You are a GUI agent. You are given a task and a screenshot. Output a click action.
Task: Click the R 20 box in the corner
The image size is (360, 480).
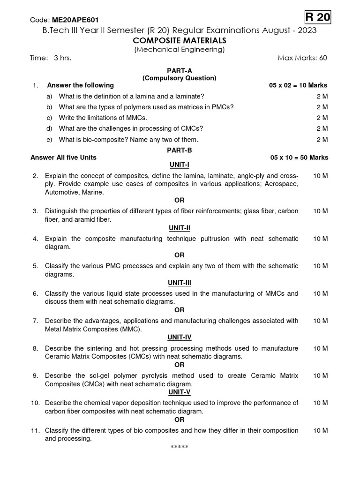[x=318, y=18]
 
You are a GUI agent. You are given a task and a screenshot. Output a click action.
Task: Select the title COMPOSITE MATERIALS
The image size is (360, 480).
[x=180, y=40]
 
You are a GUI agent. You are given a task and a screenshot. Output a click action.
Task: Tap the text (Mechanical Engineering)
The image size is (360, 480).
[x=180, y=49]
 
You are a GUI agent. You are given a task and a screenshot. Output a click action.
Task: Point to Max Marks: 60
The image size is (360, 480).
[x=302, y=58]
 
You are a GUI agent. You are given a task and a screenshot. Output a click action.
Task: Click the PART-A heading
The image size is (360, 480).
[x=180, y=70]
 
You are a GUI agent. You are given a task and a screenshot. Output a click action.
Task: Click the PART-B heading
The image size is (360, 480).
[x=180, y=150]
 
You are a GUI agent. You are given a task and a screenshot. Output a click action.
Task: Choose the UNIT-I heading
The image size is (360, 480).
[x=180, y=165]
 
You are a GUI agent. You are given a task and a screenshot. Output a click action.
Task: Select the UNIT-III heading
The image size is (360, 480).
[x=180, y=283]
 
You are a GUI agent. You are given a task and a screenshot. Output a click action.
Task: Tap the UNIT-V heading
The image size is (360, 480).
[x=180, y=392]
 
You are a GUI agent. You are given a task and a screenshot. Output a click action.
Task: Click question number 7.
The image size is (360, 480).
[x=35, y=321]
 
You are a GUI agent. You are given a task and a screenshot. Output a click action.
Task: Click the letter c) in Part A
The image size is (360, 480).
[x=49, y=118]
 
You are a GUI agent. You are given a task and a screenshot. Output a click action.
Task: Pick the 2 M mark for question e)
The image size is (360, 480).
[x=322, y=140]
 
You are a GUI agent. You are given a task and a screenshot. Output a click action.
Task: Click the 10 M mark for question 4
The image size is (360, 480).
[x=321, y=239]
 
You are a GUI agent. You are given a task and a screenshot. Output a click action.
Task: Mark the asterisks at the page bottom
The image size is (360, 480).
[x=180, y=447]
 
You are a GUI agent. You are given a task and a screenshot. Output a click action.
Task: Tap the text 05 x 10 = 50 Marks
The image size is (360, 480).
[x=299, y=157]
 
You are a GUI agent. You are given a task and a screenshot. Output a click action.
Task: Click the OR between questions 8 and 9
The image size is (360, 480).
[x=180, y=365]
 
